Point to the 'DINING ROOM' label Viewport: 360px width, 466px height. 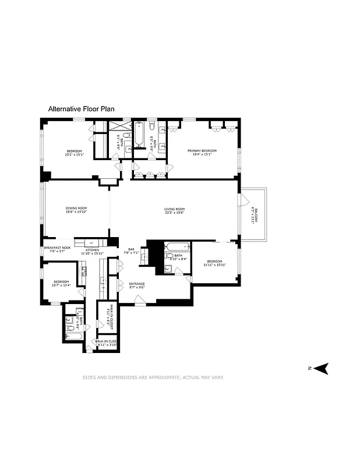[x=76, y=209]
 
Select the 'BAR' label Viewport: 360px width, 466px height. [x=131, y=249]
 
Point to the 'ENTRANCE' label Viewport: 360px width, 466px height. [x=137, y=284]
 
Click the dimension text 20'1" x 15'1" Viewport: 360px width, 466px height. [x=74, y=155]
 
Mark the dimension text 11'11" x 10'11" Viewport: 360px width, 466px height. [x=214, y=265]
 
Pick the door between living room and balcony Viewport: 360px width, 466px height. [x=240, y=199]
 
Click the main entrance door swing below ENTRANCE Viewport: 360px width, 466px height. [x=140, y=300]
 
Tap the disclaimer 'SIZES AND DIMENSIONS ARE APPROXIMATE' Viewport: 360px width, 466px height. [x=153, y=377]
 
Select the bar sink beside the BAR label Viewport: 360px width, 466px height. [x=143, y=256]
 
